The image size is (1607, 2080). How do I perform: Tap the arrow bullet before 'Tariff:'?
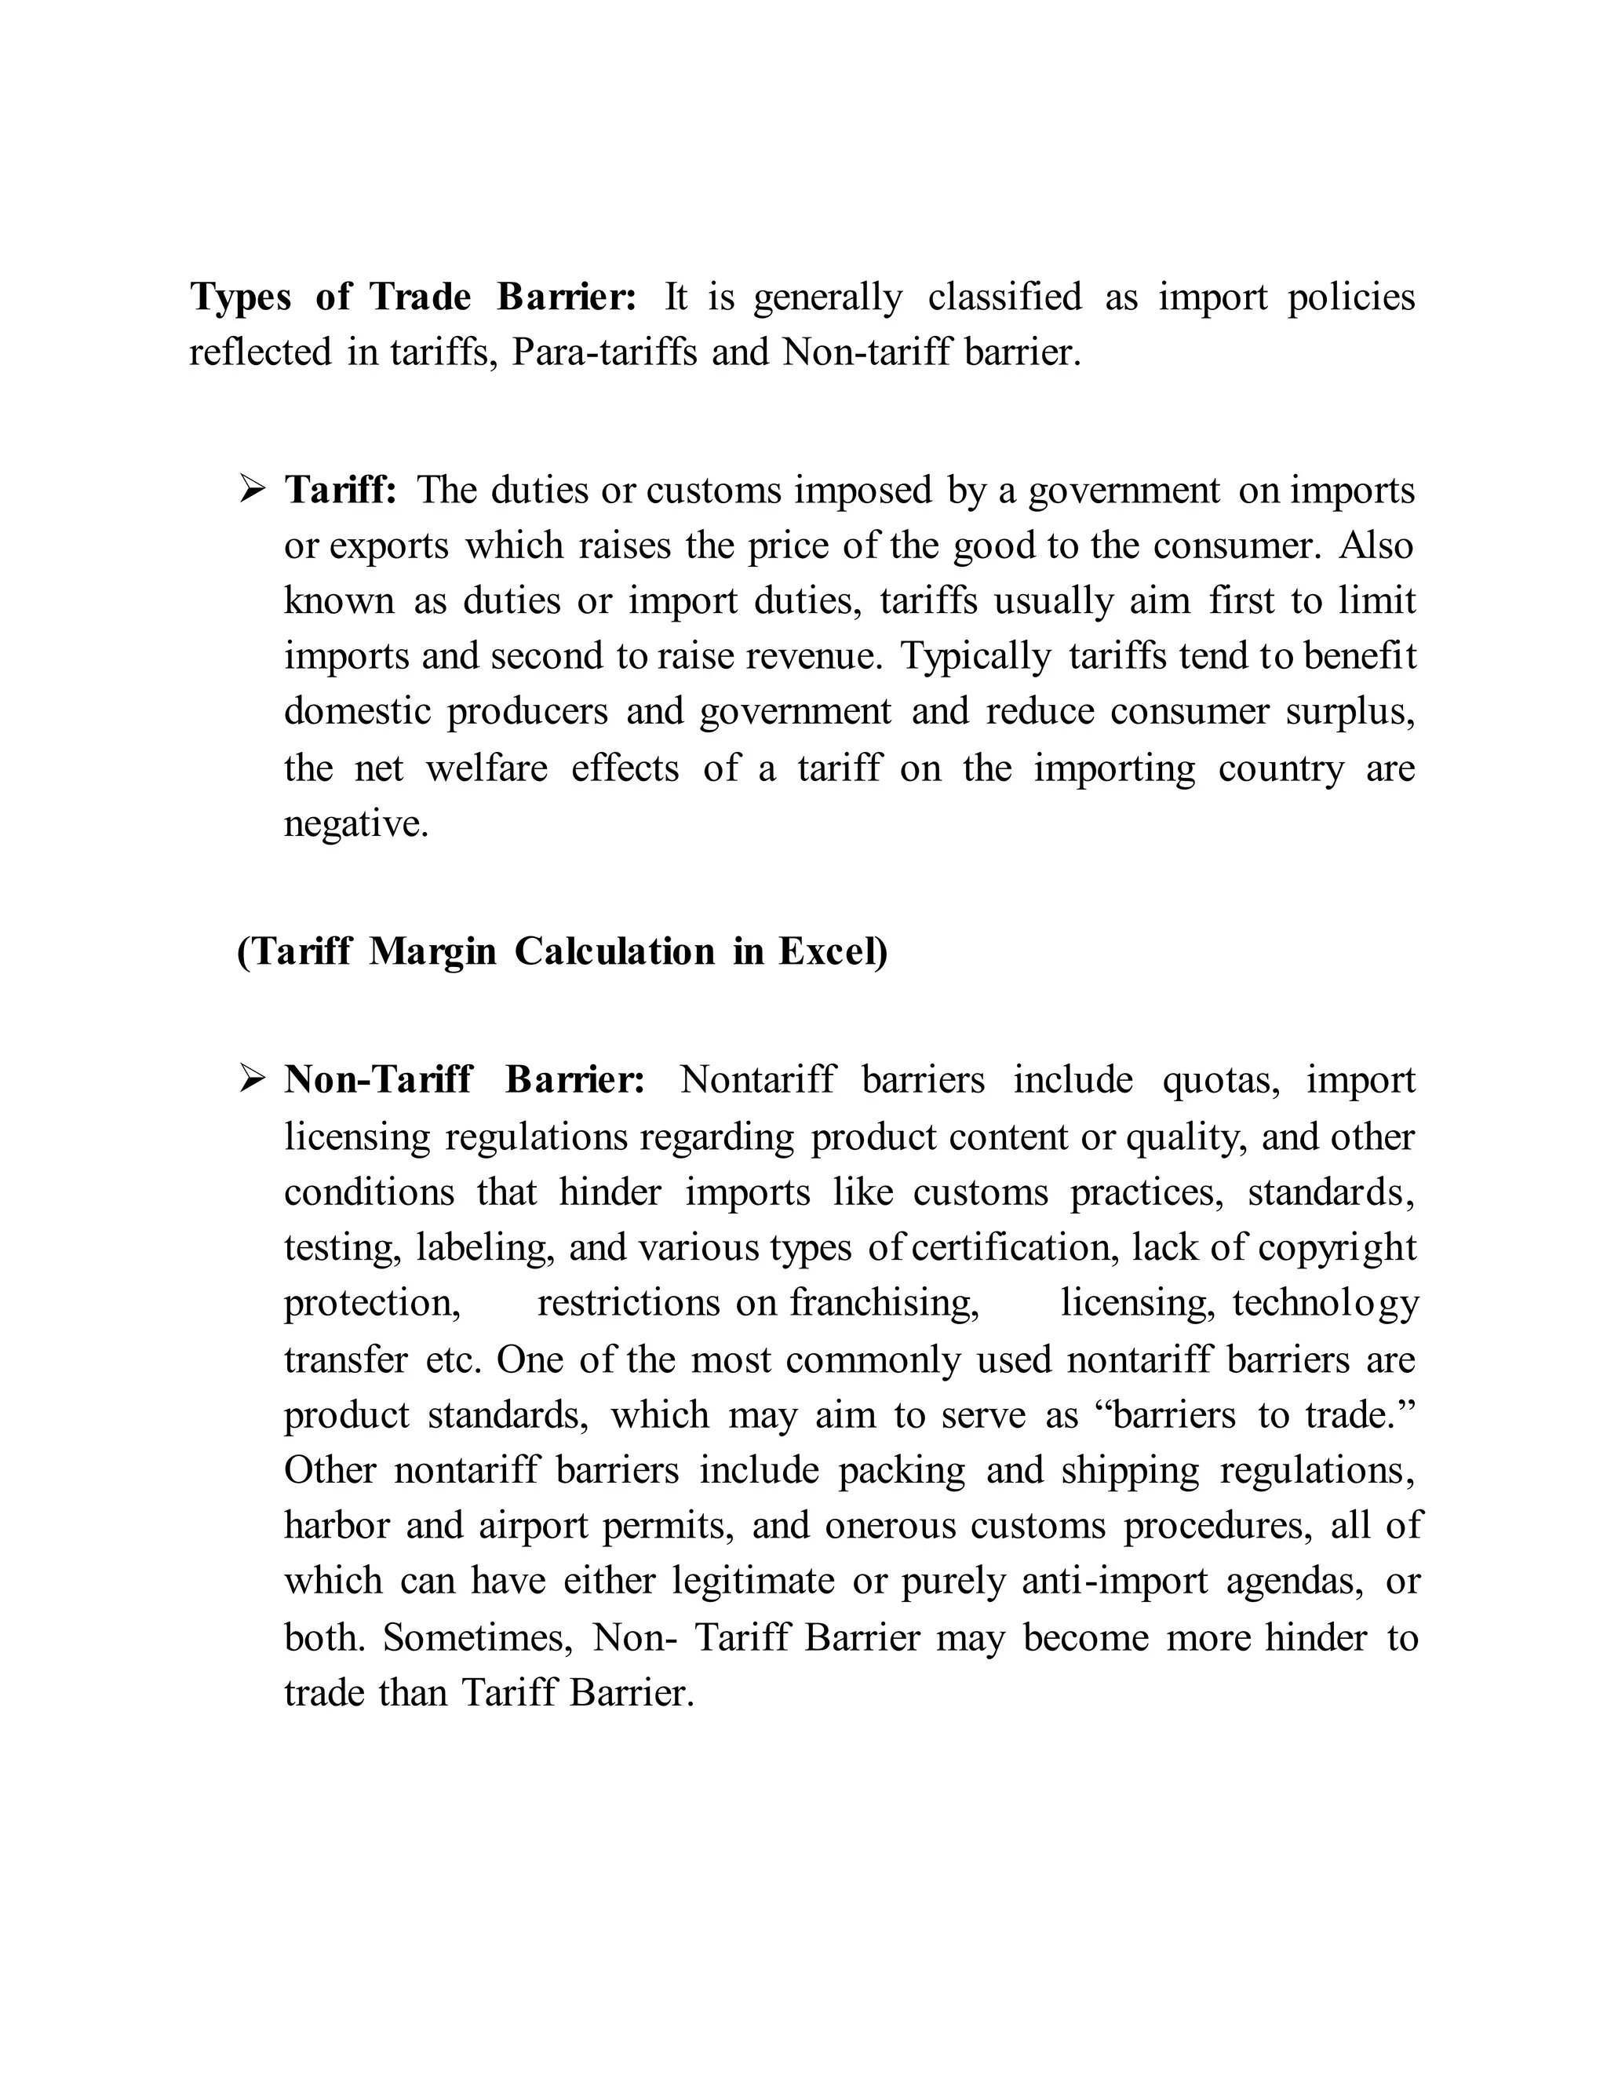(253, 491)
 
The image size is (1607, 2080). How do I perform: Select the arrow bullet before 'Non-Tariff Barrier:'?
(253, 1080)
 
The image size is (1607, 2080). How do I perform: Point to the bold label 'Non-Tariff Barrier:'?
(465, 1080)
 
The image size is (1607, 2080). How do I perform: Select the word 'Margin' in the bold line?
(432, 951)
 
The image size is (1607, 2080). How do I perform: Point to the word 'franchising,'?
(884, 1303)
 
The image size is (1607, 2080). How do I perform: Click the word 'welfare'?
(486, 768)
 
